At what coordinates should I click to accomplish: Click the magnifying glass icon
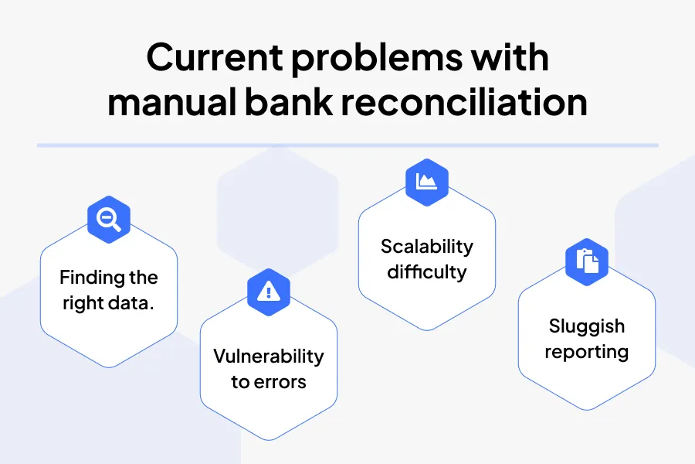109,220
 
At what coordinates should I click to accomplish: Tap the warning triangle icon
268,290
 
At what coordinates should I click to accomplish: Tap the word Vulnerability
268,357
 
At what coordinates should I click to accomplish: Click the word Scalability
426,247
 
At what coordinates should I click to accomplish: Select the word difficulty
426,271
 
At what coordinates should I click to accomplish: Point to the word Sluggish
586,326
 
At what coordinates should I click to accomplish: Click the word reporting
586,352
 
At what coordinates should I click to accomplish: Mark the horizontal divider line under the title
347,145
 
